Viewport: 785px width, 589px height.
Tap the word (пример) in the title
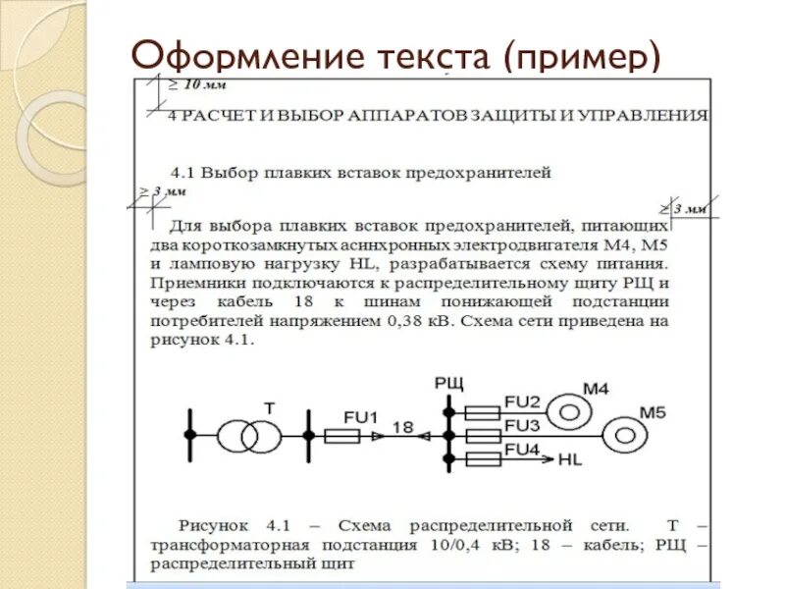[579, 56]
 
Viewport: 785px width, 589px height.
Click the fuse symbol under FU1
[341, 435]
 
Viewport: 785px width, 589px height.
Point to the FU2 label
[522, 402]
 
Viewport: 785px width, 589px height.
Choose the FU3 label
[522, 426]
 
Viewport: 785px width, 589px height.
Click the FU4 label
[522, 451]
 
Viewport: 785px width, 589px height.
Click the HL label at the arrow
[570, 459]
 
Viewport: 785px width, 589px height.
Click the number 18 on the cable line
[402, 426]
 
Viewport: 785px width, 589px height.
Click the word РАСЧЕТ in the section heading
[216, 115]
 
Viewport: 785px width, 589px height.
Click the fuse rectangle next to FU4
[484, 459]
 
